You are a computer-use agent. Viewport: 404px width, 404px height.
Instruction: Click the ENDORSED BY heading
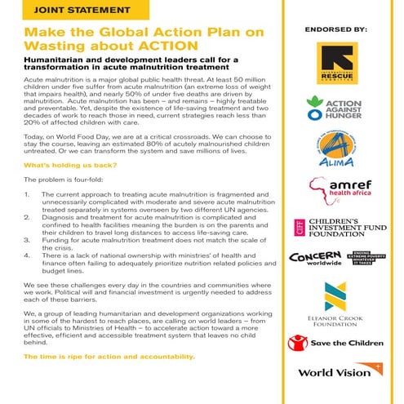(335, 29)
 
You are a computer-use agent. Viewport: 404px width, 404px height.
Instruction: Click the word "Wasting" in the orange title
(54, 44)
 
